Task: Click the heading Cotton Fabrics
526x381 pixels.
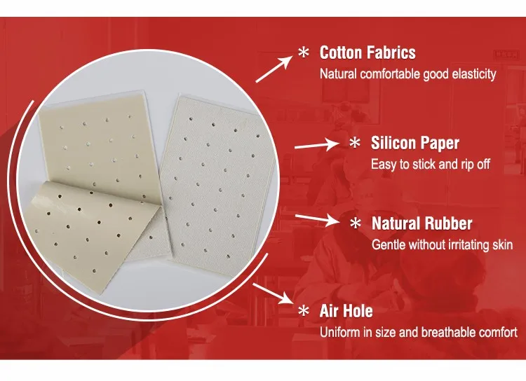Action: tap(367, 53)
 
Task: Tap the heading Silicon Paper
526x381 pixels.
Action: tap(415, 143)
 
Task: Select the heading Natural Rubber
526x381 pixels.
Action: tap(422, 223)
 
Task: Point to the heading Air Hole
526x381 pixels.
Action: tap(346, 311)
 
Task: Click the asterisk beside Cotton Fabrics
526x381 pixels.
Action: tap(304, 53)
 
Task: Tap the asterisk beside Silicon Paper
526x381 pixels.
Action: tap(355, 143)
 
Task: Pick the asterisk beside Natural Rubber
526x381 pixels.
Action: tap(356, 223)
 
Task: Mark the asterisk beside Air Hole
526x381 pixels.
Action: tap(304, 311)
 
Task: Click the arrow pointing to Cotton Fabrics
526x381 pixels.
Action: tap(274, 69)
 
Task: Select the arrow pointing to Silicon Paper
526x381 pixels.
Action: tap(317, 145)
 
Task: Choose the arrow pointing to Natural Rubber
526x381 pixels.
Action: tap(318, 220)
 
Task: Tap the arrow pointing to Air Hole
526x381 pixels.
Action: tap(273, 293)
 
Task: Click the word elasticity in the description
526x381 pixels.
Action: tap(474, 74)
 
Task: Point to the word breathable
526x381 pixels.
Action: tap(448, 333)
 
